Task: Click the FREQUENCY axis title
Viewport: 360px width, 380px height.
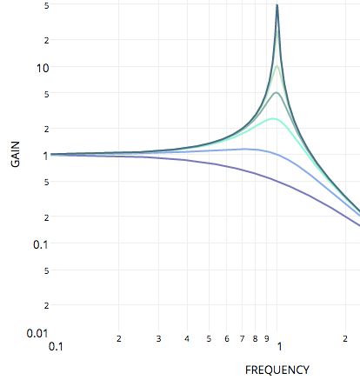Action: pyautogui.click(x=277, y=370)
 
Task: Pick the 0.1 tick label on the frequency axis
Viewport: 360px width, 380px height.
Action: pyautogui.click(x=57, y=346)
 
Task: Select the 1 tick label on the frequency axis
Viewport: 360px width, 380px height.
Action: pyautogui.click(x=278, y=346)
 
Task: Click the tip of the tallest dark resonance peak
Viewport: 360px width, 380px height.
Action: pyautogui.click(x=277, y=5)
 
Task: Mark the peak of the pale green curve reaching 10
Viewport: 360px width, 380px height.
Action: pyautogui.click(x=277, y=67)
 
